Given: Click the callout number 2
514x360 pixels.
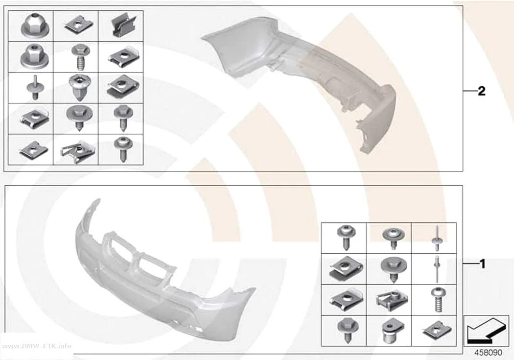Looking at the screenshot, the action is pyautogui.click(x=482, y=91).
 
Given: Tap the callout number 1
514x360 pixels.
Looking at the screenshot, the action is pyautogui.click(x=482, y=264).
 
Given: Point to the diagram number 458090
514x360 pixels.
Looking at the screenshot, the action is pyautogui.click(x=488, y=353).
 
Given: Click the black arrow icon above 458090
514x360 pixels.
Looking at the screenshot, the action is pyautogui.click(x=486, y=331).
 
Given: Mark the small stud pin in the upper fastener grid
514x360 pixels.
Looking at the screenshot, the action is pyautogui.click(x=35, y=88).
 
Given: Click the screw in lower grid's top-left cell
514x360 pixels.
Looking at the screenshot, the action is pyautogui.click(x=346, y=237).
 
